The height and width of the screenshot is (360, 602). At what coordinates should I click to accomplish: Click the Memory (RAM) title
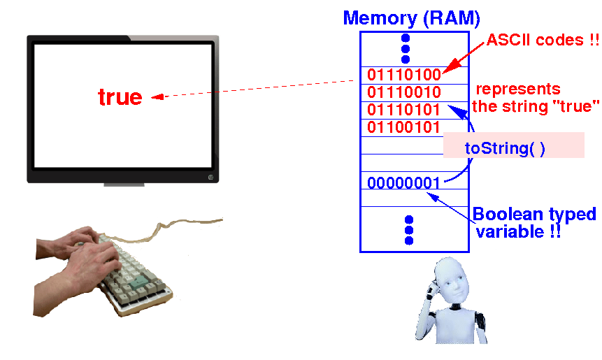411,17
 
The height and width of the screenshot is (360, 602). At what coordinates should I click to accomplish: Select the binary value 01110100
403,75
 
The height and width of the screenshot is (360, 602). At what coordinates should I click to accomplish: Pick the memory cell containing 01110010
403,92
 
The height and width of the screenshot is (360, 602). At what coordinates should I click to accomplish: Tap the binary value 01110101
403,110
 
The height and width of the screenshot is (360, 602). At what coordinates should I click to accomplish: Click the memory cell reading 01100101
403,127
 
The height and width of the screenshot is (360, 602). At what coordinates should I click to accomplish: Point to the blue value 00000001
403,183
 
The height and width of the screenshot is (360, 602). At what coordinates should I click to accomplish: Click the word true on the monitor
120,97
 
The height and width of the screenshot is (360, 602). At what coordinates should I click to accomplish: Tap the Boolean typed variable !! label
534,222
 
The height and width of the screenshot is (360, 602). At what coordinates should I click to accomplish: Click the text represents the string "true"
536,98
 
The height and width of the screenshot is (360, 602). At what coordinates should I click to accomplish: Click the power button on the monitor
210,176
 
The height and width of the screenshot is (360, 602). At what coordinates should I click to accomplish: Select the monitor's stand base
124,185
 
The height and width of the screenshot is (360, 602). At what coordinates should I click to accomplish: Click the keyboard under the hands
133,273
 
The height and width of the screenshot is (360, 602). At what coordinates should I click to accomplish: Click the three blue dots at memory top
405,48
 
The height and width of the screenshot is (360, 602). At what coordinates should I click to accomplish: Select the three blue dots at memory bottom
409,229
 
